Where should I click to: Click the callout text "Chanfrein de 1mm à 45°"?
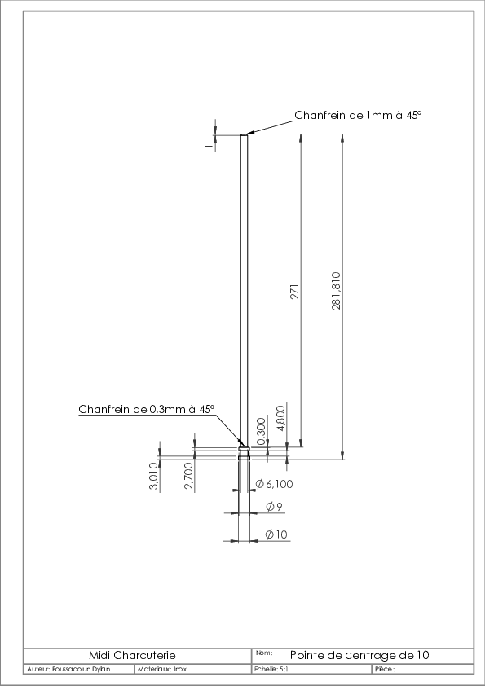click(358, 115)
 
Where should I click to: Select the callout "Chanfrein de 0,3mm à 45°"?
click(147, 410)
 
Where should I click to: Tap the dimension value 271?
click(294, 292)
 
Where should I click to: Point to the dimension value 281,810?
click(336, 291)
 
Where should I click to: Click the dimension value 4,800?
click(281, 418)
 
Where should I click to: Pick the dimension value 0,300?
click(262, 431)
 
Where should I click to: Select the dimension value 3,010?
click(153, 476)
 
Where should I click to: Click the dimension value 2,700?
click(188, 476)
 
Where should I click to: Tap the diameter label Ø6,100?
click(275, 484)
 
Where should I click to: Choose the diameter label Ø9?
click(275, 507)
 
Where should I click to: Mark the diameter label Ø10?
click(276, 534)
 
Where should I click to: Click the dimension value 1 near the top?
click(209, 145)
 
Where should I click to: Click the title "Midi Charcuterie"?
click(132, 655)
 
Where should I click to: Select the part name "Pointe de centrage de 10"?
click(359, 655)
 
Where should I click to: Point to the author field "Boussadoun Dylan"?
click(81, 670)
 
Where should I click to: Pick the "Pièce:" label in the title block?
click(385, 670)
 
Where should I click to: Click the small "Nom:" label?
click(264, 653)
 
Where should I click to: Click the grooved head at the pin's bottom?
click(244, 453)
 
